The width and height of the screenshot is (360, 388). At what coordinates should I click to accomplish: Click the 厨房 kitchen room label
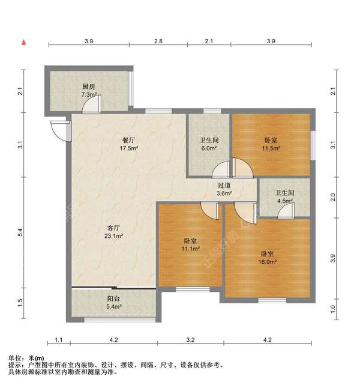click(x=89, y=86)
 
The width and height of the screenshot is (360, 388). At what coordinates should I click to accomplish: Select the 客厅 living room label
click(x=114, y=228)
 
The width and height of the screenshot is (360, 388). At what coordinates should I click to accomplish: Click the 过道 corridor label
click(x=224, y=186)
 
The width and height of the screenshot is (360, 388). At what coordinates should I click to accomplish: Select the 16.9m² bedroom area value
click(x=268, y=262)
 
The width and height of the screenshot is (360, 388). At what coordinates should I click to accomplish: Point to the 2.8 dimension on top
click(x=158, y=41)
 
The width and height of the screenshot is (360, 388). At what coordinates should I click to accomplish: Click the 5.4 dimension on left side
click(x=20, y=231)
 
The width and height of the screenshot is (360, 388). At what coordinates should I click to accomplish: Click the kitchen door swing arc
click(x=89, y=106)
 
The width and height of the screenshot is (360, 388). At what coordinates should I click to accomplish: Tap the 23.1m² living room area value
click(x=114, y=237)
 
